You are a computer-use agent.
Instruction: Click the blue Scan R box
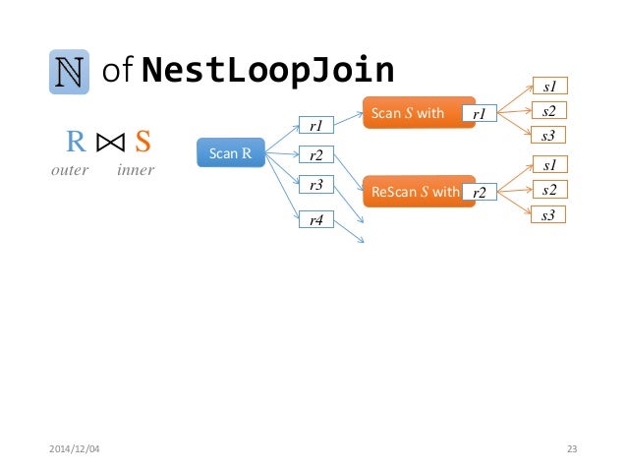tap(231, 152)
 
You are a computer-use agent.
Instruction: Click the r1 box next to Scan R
tap(316, 125)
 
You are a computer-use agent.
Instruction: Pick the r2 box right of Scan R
tap(316, 154)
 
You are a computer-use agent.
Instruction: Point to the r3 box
tap(316, 184)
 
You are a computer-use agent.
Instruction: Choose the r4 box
tap(316, 221)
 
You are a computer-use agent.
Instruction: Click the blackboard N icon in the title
tap(69, 71)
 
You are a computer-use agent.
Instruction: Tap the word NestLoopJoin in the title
tap(267, 70)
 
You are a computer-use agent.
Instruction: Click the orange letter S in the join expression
tap(142, 143)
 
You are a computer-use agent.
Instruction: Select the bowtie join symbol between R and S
tap(109, 144)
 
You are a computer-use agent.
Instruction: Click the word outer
tap(69, 170)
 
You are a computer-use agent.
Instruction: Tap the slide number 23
tap(572, 449)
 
